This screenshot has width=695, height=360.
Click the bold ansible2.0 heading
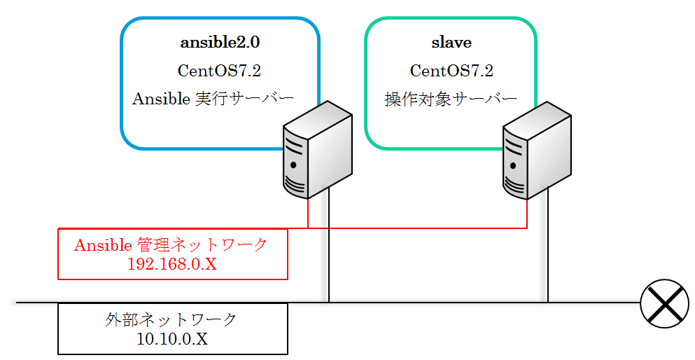point(220,43)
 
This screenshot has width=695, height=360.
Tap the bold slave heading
point(451,43)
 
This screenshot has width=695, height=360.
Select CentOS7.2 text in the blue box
point(219,71)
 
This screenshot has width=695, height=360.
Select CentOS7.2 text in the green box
point(451,71)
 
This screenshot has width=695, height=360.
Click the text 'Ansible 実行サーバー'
point(213,99)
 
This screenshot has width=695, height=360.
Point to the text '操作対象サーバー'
point(451,99)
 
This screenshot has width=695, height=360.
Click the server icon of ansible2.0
point(317,149)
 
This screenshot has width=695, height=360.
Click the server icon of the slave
point(537,149)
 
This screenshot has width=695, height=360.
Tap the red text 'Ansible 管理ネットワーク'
point(171,244)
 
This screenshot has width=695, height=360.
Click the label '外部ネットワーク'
point(171,319)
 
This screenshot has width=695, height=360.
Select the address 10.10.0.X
point(172,339)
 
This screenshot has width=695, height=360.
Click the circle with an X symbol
point(664,303)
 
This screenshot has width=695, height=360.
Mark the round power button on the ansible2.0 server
point(293,165)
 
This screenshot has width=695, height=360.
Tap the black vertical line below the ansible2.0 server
point(329,244)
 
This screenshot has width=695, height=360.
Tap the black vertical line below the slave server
point(548,244)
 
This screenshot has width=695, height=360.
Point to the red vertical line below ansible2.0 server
point(308,213)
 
